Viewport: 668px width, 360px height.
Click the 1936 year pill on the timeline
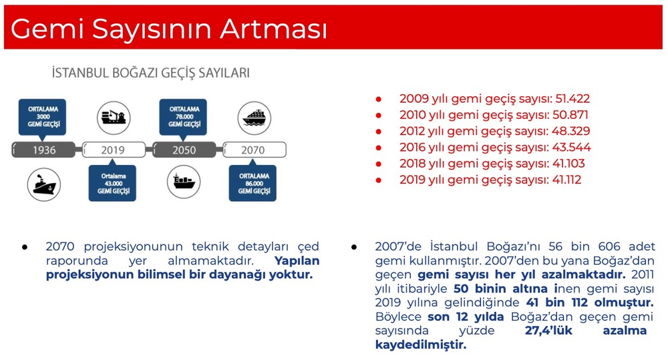pyautogui.click(x=43, y=150)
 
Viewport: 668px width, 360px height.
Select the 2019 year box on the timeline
pyautogui.click(x=114, y=150)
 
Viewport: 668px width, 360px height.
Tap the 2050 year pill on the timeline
pyautogui.click(x=184, y=150)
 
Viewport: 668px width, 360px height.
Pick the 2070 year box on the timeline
pyautogui.click(x=255, y=150)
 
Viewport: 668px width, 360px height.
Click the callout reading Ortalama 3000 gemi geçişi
pyautogui.click(x=43, y=117)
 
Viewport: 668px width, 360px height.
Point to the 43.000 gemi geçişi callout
pyautogui.click(x=112, y=183)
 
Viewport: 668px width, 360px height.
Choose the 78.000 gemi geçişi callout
pyautogui.click(x=183, y=117)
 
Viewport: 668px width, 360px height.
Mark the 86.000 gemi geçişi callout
pyautogui.click(x=253, y=183)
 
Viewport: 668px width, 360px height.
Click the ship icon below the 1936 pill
pyautogui.click(x=44, y=184)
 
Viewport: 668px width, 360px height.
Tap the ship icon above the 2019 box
pyautogui.click(x=114, y=118)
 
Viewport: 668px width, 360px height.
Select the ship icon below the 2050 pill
pyautogui.click(x=184, y=182)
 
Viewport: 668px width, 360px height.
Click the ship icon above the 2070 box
pyautogui.click(x=255, y=118)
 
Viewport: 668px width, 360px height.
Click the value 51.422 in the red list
pyautogui.click(x=572, y=99)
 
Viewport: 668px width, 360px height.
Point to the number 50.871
pyautogui.click(x=570, y=115)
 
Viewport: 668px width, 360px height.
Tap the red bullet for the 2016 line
pyautogui.click(x=378, y=148)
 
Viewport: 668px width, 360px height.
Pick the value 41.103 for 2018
pyautogui.click(x=568, y=164)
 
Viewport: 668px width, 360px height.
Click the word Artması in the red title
pyautogui.click(x=273, y=29)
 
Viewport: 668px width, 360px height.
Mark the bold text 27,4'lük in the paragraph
pyautogui.click(x=548, y=331)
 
